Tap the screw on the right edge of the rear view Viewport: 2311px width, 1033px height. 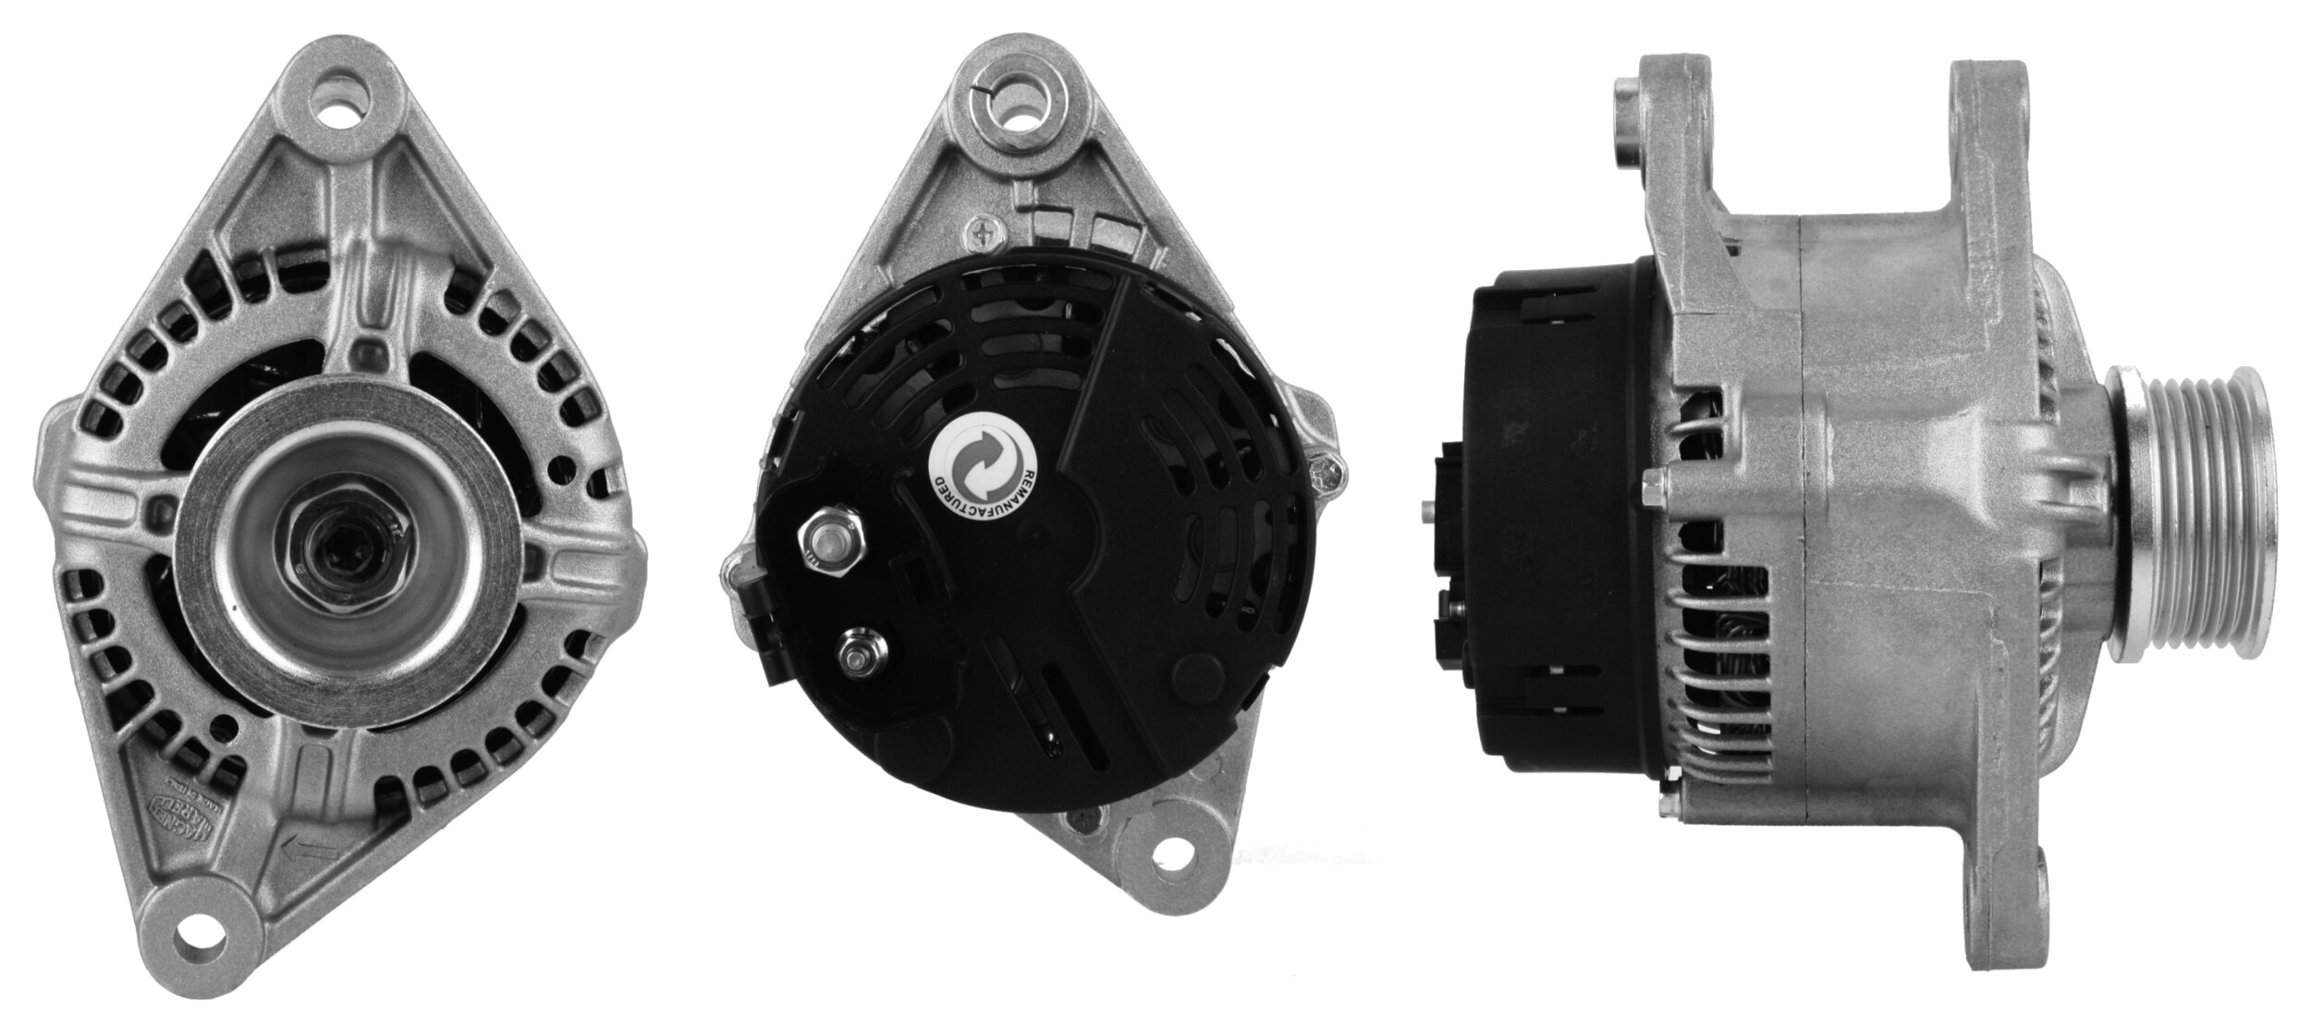[1327, 473]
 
